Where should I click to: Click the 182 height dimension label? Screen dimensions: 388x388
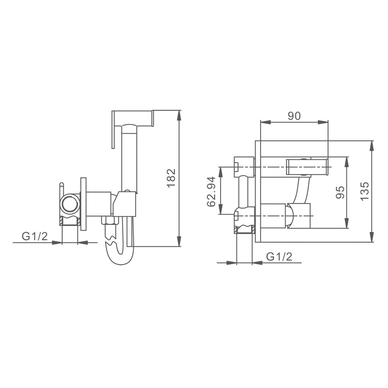171,178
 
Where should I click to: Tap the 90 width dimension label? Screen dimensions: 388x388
294,116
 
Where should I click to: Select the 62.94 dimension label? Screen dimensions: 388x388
211,192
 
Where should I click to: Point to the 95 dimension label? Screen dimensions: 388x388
340,192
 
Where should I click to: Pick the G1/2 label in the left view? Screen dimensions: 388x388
35,236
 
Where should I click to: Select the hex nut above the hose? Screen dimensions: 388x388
110,220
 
